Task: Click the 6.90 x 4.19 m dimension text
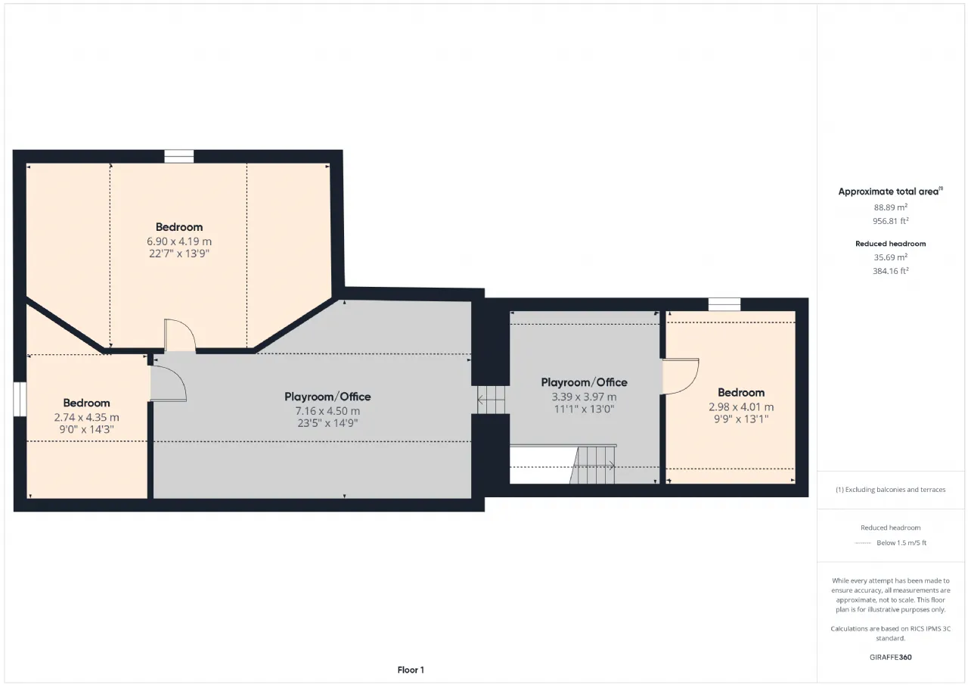(x=179, y=241)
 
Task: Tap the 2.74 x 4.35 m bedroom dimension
(x=86, y=417)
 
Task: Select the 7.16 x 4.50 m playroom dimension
(x=327, y=411)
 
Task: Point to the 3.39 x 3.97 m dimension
(x=584, y=397)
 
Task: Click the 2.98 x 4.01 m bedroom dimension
(x=741, y=407)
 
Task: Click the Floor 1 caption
(x=411, y=670)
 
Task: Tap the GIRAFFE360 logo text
(x=891, y=657)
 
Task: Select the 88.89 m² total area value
(x=891, y=207)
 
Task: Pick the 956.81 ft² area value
(x=891, y=221)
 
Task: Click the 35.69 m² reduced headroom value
(x=891, y=257)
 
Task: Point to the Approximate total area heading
(x=891, y=191)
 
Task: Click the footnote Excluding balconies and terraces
(x=891, y=490)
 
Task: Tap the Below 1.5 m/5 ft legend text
(x=901, y=543)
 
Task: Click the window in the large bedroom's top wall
(x=179, y=156)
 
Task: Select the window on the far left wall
(x=20, y=399)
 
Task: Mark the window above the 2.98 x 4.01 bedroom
(x=724, y=304)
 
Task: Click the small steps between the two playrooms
(x=491, y=400)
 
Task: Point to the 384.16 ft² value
(x=891, y=271)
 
